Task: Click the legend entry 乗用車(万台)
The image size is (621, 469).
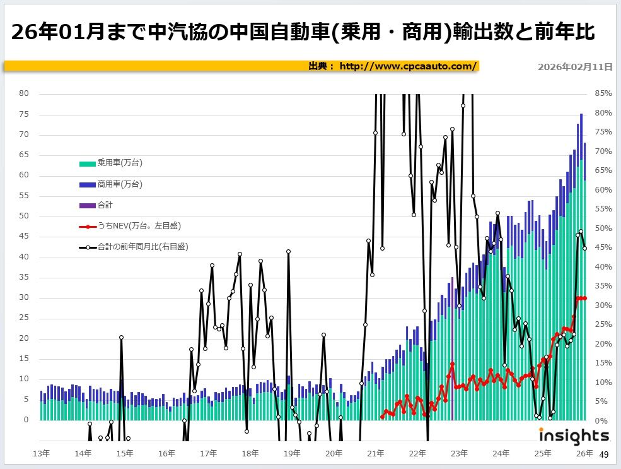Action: pyautogui.click(x=119, y=163)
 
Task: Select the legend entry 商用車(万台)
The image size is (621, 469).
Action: pyautogui.click(x=119, y=184)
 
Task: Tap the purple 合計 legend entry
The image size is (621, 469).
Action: pyautogui.click(x=105, y=205)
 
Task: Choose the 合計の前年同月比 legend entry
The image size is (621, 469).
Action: pyautogui.click(x=142, y=247)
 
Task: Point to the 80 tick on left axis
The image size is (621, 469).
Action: pyautogui.click(x=25, y=93)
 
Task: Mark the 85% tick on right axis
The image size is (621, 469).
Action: pyautogui.click(x=603, y=94)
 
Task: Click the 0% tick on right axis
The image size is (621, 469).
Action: pyautogui.click(x=601, y=420)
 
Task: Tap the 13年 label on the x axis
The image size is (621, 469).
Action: pyautogui.click(x=41, y=453)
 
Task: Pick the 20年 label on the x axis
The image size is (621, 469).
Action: pyautogui.click(x=334, y=453)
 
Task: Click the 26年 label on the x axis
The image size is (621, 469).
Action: pyautogui.click(x=584, y=453)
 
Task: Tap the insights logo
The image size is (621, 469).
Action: pyautogui.click(x=574, y=435)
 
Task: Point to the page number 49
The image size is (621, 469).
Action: pyautogui.click(x=603, y=454)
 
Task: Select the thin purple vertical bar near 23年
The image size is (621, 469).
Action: pyautogui.click(x=453, y=347)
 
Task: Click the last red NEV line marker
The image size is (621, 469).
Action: pyautogui.click(x=585, y=298)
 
